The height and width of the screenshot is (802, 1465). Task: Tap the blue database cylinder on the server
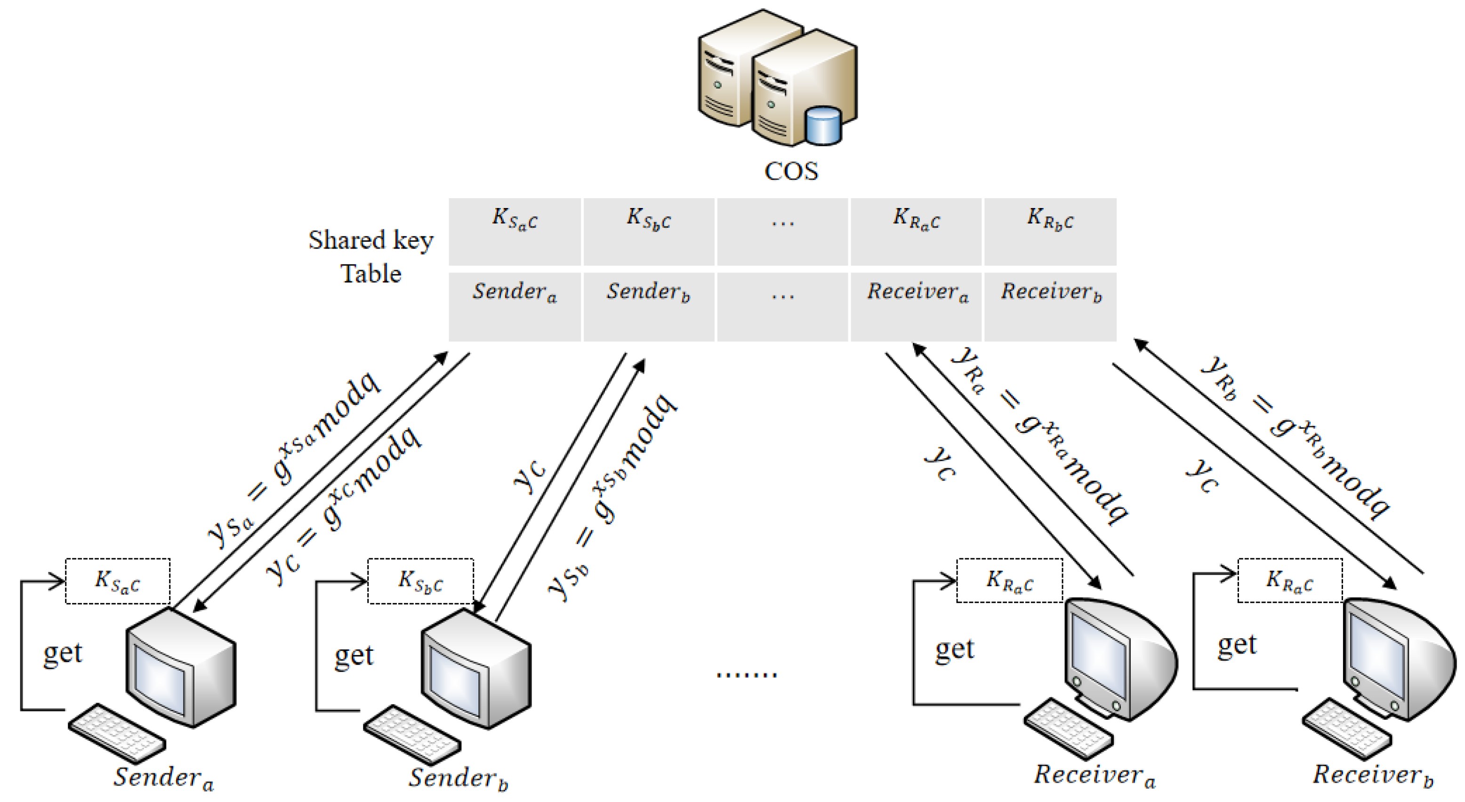pos(823,126)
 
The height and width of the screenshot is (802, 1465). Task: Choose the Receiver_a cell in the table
pos(916,306)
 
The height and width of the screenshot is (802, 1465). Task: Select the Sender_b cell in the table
pos(648,306)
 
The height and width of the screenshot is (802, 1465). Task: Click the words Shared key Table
pos(371,257)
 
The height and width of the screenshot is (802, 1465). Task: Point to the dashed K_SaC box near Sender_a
pos(118,581)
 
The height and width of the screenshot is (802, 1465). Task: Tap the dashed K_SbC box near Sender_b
pos(420,581)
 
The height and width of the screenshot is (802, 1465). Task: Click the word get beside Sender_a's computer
pos(63,652)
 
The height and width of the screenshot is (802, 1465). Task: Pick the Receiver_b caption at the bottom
pos(1372,775)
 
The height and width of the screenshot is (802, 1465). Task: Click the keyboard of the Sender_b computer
pos(412,734)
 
